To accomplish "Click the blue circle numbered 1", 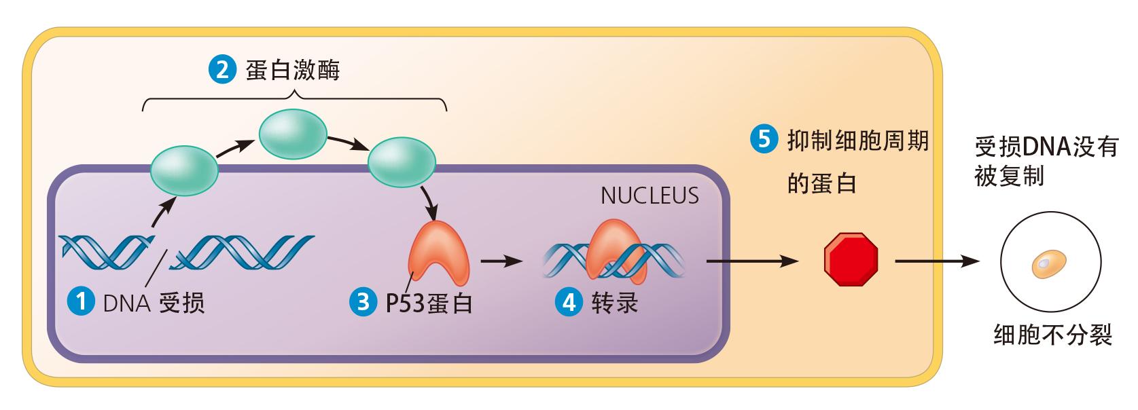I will pos(82,301).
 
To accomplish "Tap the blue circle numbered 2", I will pos(221,70).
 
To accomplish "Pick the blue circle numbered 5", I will pos(763,140).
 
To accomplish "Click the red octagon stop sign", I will pos(851,259).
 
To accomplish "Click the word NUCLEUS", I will pos(650,195).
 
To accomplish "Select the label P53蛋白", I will pos(429,302).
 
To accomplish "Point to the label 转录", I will pos(615,301).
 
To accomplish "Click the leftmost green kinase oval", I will pos(184,172).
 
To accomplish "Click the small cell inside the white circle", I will pos(1048,263).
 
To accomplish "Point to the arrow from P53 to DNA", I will pos(501,260).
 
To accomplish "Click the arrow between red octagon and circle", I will pos(938,261).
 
